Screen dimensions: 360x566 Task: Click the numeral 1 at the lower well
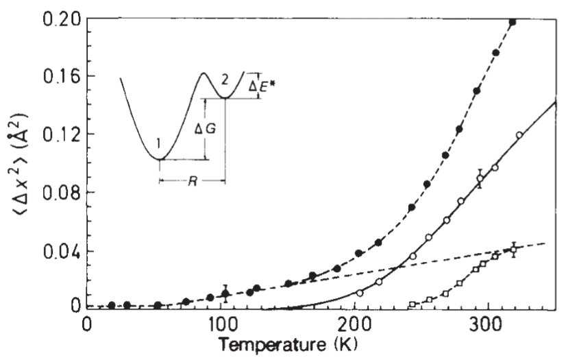coord(158,145)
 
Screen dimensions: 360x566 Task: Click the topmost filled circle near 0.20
coord(512,23)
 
